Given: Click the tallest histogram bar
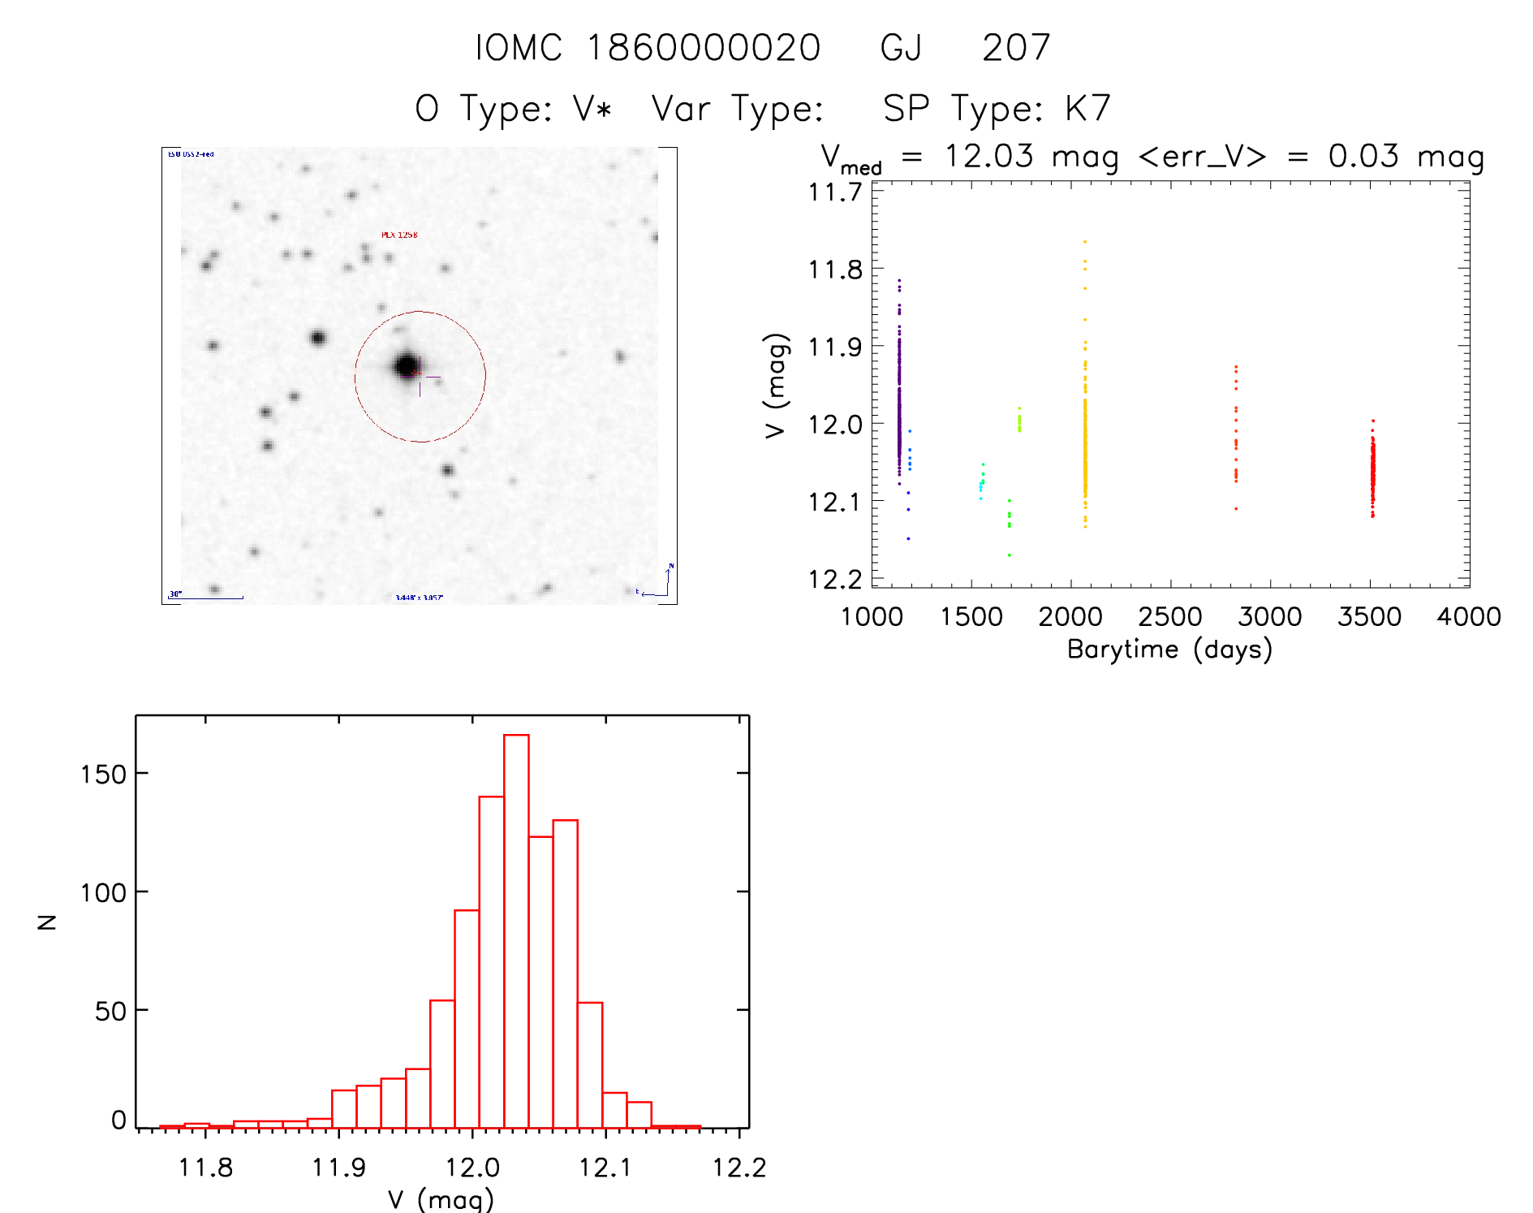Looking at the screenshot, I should coord(516,930).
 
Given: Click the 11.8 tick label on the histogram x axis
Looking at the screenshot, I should coord(205,1168).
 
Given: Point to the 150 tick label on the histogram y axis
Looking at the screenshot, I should coord(104,775).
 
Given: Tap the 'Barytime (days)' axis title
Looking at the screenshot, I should coord(1169,650).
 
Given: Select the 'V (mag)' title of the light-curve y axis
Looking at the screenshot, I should coord(776,386).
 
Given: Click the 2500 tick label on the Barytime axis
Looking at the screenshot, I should coord(1170,617).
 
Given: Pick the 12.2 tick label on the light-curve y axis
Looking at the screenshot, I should coord(835,580).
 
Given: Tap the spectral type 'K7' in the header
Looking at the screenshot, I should coord(1087,109).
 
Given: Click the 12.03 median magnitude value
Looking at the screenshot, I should coord(989,157).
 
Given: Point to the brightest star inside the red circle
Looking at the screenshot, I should coord(407,366).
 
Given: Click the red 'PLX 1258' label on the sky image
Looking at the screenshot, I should coord(399,235).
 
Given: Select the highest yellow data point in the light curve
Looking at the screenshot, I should coord(1085,242).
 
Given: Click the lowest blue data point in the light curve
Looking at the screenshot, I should coord(908,538).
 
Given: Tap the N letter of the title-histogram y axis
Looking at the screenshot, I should coord(47,922).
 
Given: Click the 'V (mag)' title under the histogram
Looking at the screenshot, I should coord(441,1199).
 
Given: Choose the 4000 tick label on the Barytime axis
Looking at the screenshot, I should coord(1469,617).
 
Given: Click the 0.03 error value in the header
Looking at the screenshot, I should coord(1363,157).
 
